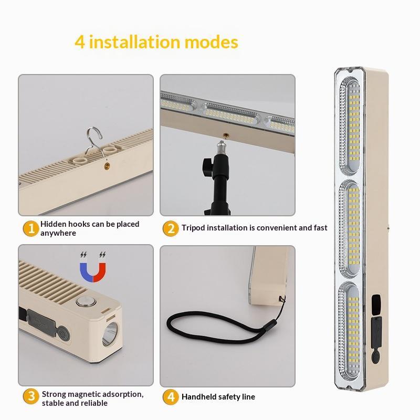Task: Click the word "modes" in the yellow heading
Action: tap(211, 43)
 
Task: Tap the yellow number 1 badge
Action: tap(31, 228)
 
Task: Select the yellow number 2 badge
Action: tap(171, 228)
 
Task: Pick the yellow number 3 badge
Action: tap(31, 396)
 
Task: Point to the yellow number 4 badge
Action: tap(171, 397)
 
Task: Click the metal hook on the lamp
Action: tap(94, 142)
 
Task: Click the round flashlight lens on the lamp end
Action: tap(110, 334)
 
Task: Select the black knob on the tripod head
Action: tap(207, 167)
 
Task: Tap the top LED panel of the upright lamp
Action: tap(350, 126)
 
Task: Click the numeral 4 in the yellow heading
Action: tap(80, 43)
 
